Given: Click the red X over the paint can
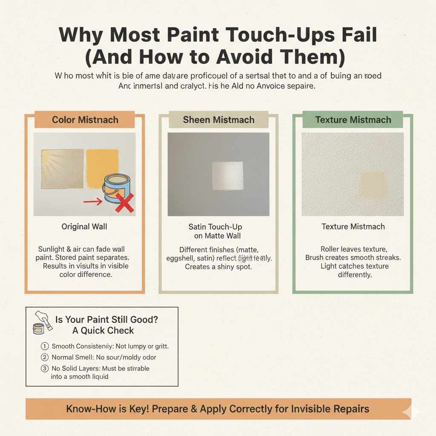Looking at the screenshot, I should coord(124,203).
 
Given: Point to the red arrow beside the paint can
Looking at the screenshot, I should coord(93,201).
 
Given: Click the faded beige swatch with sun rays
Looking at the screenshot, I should coord(62,169).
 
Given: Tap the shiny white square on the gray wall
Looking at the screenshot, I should coord(227,175).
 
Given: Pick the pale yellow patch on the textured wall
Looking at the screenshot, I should coord(373,184).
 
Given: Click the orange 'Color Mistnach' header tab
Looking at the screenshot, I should coord(84,120).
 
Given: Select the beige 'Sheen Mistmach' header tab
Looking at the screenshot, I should coord(218,120).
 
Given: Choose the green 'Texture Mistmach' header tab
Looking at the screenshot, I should coord(353,120).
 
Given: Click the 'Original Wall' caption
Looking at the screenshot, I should coord(84,227).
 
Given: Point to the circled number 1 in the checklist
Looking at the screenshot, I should coord(45,347).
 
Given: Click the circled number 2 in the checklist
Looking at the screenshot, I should coord(45,358).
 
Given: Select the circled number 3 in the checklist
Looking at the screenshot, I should coord(45,368).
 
